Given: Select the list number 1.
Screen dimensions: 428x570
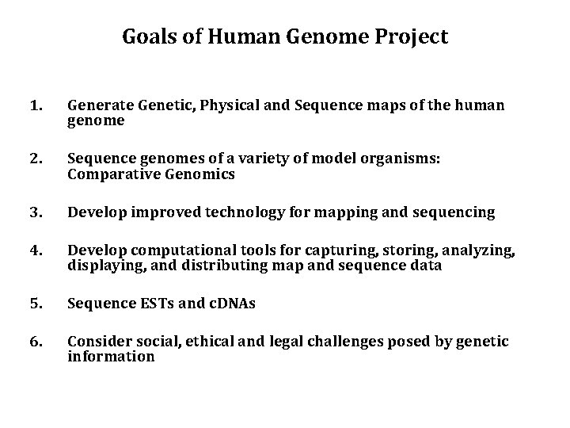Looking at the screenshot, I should (33, 105).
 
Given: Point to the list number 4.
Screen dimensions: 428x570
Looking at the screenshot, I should (33, 251).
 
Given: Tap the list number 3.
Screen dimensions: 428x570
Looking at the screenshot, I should (33, 212).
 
